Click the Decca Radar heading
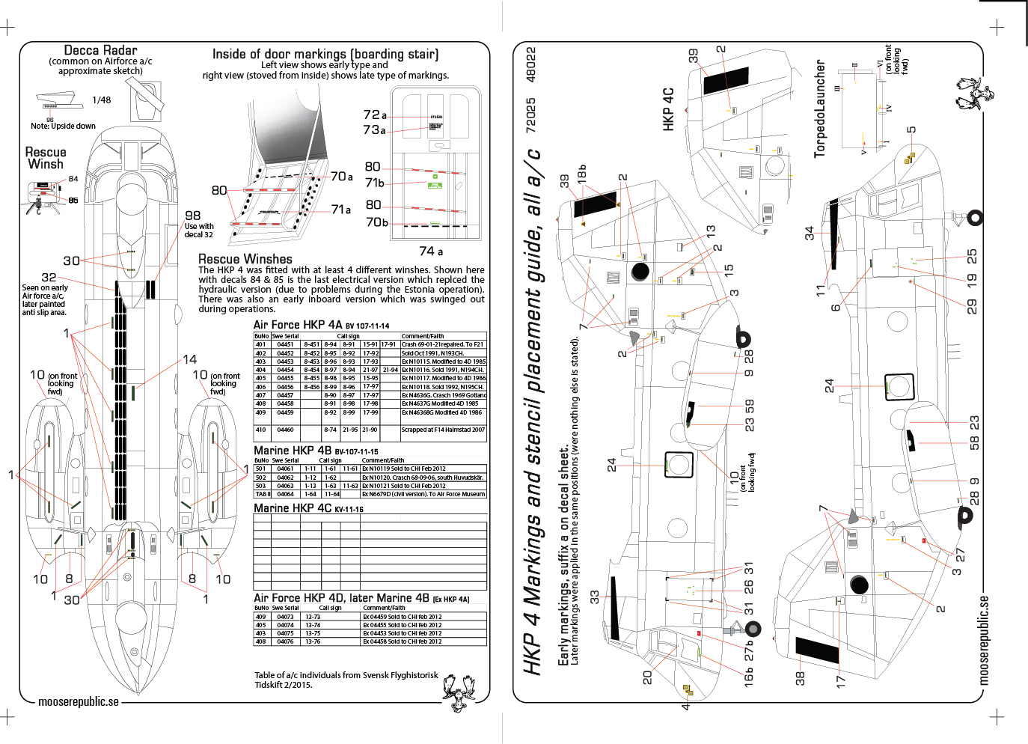(100, 50)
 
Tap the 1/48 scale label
(102, 100)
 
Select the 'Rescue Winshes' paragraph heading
(245, 259)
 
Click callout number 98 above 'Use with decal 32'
(193, 216)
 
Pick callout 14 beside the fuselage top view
(190, 360)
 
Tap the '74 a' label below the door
(431, 251)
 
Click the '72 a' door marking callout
(375, 115)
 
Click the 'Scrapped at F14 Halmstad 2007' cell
(443, 430)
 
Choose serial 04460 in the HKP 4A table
(285, 430)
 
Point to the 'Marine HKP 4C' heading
(308, 508)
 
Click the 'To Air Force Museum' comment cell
(423, 494)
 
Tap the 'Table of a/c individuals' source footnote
(346, 680)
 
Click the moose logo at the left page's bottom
(458, 691)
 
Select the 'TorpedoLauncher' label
(820, 109)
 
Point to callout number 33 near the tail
(595, 597)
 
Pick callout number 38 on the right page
(800, 678)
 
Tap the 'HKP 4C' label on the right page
(669, 109)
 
